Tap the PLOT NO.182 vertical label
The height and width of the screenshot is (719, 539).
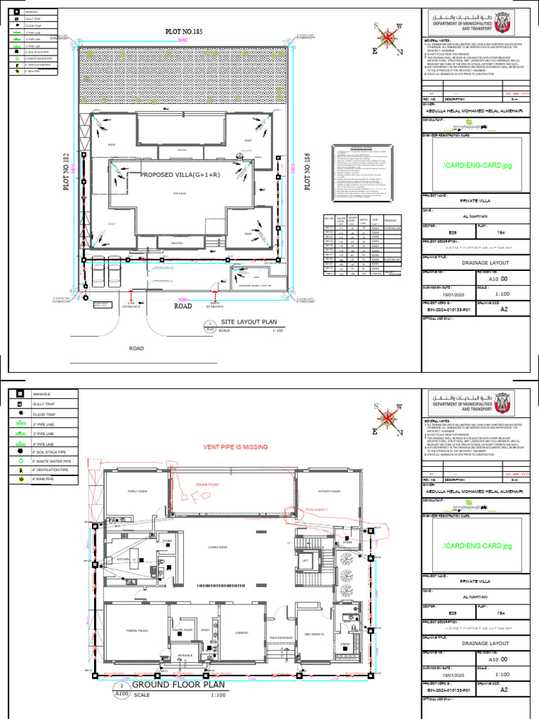69,169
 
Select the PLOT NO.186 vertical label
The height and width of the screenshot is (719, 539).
307,174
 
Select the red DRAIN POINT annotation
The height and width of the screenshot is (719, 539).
208,484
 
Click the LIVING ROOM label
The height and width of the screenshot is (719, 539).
218,547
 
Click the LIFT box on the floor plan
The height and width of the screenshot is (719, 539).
305,560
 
